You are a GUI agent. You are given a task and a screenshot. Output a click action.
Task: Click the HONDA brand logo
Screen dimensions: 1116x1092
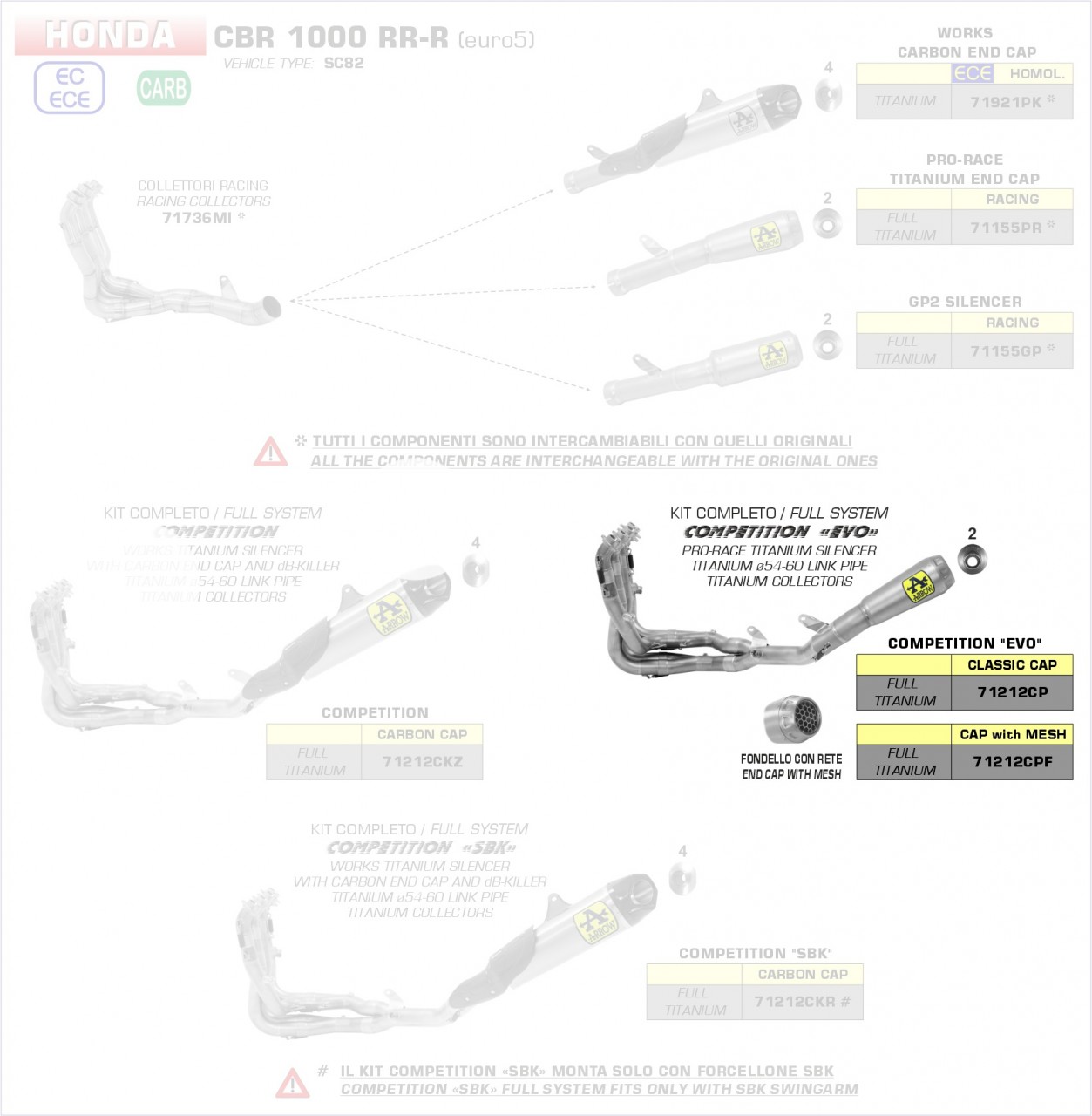coord(110,36)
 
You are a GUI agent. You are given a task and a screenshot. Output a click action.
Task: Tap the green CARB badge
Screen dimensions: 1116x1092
coord(163,88)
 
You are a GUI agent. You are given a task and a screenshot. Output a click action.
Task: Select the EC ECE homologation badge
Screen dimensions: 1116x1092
coord(69,88)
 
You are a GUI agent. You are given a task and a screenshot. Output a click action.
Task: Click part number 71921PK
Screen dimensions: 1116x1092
coord(1006,102)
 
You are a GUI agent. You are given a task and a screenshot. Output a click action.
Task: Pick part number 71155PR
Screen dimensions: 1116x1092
coord(1006,228)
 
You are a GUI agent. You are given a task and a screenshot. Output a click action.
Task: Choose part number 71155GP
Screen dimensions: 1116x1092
coord(1006,350)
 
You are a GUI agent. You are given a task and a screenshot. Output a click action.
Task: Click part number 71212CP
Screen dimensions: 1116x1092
coord(1012,692)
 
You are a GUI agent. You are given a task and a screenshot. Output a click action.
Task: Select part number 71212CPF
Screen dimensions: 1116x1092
coord(1012,761)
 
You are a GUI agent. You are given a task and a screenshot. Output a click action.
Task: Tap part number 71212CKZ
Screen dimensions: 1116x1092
coord(422,761)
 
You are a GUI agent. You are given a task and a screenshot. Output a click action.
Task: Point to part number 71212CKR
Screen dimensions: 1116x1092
coord(795,1002)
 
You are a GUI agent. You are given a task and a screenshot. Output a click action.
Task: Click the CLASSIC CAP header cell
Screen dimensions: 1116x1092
coord(1012,664)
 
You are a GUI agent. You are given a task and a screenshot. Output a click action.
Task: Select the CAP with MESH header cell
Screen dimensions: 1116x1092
coord(1012,734)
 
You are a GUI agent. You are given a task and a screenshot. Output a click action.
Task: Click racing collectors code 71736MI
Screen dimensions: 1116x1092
coord(197,218)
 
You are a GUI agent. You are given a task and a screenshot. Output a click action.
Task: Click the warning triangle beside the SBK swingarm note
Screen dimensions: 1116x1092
coord(292,1083)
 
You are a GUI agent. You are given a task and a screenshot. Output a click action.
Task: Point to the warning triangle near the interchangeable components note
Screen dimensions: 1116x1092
coord(270,452)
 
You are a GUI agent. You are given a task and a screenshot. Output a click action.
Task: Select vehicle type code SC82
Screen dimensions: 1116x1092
coord(343,63)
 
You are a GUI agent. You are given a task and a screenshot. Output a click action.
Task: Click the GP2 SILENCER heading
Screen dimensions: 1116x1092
coord(965,302)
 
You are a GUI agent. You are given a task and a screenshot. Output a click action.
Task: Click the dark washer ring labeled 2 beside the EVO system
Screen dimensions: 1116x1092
coord(972,558)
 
